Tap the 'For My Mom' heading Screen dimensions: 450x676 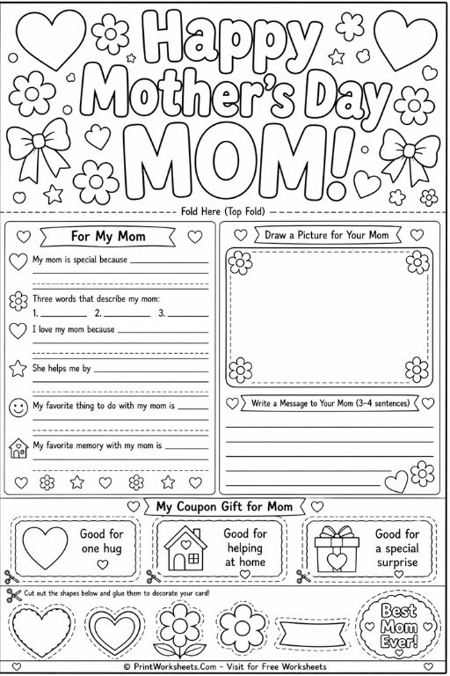pos(108,237)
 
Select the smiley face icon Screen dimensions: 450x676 pos(18,408)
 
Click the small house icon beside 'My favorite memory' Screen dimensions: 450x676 pos(18,448)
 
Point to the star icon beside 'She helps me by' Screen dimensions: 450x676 pos(18,367)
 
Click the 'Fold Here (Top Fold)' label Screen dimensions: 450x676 pos(226,211)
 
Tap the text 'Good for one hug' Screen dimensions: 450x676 pos(102,540)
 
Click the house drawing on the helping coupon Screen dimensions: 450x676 pos(185,547)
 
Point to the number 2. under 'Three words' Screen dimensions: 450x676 pos(98,312)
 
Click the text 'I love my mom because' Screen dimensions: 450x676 pos(74,329)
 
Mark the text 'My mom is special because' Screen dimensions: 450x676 pos(80,260)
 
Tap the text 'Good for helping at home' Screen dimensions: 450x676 pos(245,547)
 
